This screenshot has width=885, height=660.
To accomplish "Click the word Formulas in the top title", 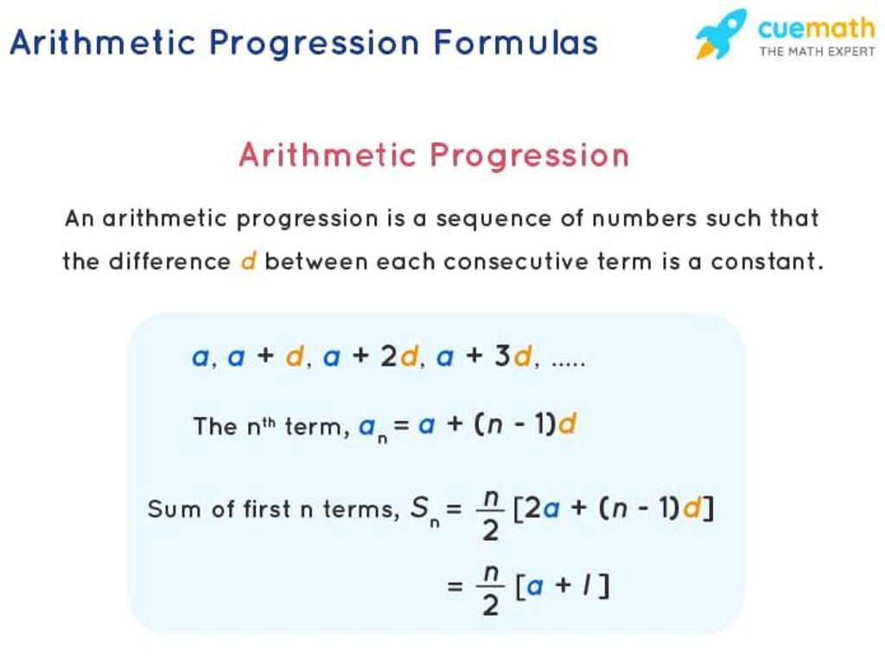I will (515, 42).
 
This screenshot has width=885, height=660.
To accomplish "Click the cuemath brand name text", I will (816, 29).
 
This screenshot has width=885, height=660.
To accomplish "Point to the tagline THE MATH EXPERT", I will (817, 52).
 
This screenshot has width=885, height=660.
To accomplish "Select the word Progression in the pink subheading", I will (529, 156).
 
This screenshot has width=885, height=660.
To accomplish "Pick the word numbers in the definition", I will (645, 219).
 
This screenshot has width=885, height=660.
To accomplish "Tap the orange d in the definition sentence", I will (248, 261).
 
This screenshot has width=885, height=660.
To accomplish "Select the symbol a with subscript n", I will (371, 428).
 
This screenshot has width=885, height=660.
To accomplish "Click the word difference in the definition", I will (169, 261).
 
